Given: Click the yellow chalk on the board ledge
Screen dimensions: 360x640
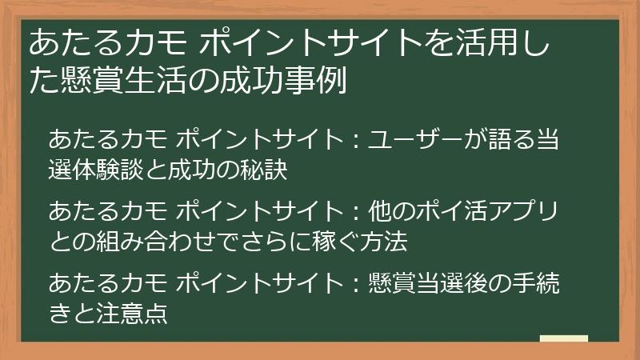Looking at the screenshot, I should (563, 338).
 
